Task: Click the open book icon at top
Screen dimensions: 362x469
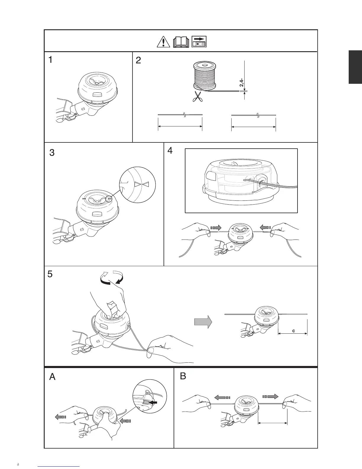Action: tap(181, 42)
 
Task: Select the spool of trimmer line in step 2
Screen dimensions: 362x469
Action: tap(204, 76)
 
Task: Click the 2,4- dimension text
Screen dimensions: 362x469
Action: tap(242, 83)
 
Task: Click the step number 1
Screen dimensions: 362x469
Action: tap(51, 60)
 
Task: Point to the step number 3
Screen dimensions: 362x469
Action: tap(52, 153)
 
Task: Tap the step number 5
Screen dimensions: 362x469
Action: tap(50, 274)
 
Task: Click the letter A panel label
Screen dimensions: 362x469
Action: tap(52, 377)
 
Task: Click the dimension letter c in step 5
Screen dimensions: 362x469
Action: tap(293, 331)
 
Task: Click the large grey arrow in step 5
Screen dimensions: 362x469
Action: tap(203, 322)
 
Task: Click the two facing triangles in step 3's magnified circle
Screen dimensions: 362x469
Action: tap(141, 184)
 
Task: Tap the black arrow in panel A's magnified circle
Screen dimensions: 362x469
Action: tap(153, 403)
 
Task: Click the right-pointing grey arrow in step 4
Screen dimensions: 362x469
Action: tap(216, 228)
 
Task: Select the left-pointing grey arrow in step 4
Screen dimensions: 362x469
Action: tap(265, 227)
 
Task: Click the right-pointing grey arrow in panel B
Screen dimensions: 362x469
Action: tap(270, 396)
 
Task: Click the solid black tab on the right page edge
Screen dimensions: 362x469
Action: tap(355, 67)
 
